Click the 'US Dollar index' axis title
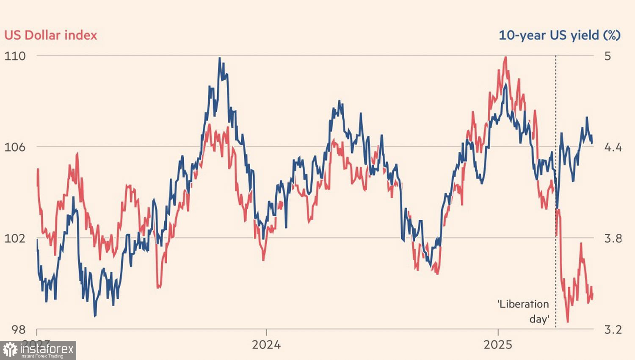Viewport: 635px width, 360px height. coord(51,35)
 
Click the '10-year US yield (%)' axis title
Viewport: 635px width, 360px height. coord(559,35)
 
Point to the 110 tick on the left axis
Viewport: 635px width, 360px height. coord(15,56)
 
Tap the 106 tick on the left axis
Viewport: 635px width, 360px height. coord(15,147)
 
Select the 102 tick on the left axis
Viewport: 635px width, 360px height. coord(15,238)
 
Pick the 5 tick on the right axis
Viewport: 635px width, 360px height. coord(607,56)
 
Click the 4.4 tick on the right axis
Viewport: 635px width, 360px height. coord(613,147)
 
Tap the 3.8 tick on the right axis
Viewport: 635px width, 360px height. coord(613,238)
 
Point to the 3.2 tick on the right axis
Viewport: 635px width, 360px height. coord(613,329)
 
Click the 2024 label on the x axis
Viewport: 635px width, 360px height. coord(266,344)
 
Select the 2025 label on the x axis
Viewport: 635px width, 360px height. coord(498,344)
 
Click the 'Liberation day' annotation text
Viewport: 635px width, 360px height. coord(524,311)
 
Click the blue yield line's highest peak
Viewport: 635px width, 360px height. coord(220,58)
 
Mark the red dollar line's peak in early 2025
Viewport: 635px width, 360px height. coord(505,57)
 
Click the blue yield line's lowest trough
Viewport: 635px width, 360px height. coord(94,316)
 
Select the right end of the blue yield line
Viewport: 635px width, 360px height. coord(592,143)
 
